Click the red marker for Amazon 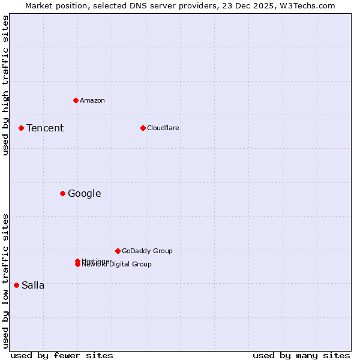[76, 100]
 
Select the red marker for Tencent [21, 128]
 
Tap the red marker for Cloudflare [143, 128]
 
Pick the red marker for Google [62, 193]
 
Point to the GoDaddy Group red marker [118, 251]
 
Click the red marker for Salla [16, 285]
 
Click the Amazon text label [92, 100]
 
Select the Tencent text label [45, 128]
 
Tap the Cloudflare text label [163, 128]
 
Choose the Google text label [85, 193]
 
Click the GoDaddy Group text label [147, 251]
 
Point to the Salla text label [33, 285]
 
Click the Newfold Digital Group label [118, 265]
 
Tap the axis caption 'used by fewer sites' [62, 355]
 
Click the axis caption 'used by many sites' [301, 355]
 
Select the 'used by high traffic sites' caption [5, 85]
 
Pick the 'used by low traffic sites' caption [5, 280]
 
